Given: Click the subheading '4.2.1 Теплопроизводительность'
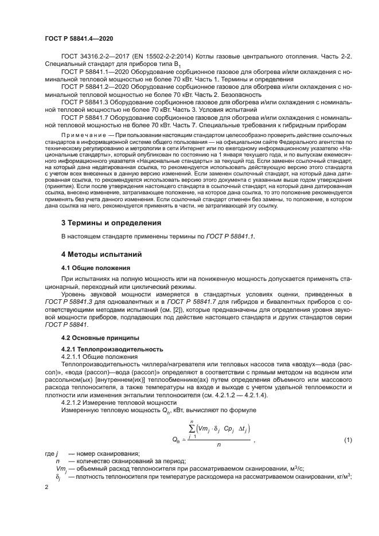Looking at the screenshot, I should (x=104, y=349).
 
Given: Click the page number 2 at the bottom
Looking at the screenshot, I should (x=46, y=487).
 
